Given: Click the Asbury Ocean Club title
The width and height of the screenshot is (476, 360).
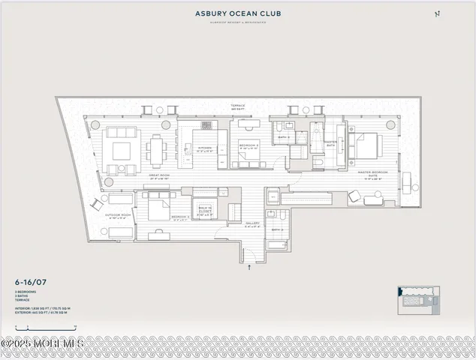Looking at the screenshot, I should coord(237,13).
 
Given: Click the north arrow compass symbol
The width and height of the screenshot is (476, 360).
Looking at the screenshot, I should coord(438,13).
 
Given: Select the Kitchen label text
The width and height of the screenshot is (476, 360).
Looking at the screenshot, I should coord(205,148).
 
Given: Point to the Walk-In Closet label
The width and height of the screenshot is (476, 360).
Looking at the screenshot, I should coord(205,211).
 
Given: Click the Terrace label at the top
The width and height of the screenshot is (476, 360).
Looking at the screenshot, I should coord(238,106).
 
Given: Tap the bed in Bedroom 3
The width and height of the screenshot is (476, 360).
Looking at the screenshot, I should coord(159,207).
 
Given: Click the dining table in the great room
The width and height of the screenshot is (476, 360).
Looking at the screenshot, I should coord(155,149).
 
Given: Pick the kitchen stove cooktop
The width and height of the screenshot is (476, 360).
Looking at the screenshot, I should coord(206,125).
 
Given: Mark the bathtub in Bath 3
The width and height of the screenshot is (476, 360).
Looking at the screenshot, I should coord(277,244).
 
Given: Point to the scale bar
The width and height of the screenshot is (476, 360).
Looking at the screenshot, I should coord(45,328).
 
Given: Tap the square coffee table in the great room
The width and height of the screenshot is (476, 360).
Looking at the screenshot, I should coord(122,150).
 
